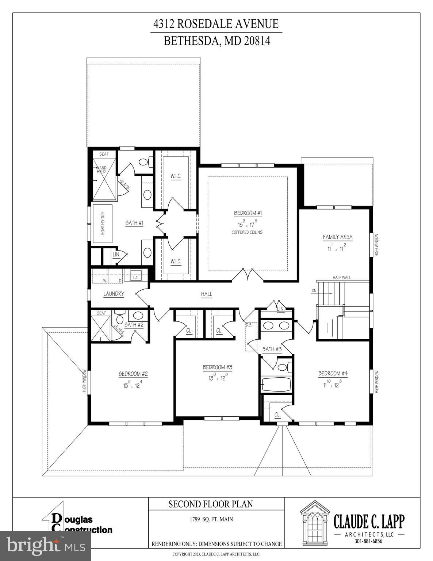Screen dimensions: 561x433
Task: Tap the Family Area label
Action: (337, 237)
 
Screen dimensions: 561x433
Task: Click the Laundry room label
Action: (114, 294)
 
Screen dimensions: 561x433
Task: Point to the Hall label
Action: (206, 294)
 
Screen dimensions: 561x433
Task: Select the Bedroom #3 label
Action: (218, 367)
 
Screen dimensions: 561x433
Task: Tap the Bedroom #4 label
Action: (333, 373)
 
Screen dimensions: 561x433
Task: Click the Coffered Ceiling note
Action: (247, 232)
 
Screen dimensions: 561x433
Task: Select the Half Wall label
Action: (341, 278)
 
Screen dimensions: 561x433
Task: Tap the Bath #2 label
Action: (134, 325)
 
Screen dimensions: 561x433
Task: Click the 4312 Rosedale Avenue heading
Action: (216, 24)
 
